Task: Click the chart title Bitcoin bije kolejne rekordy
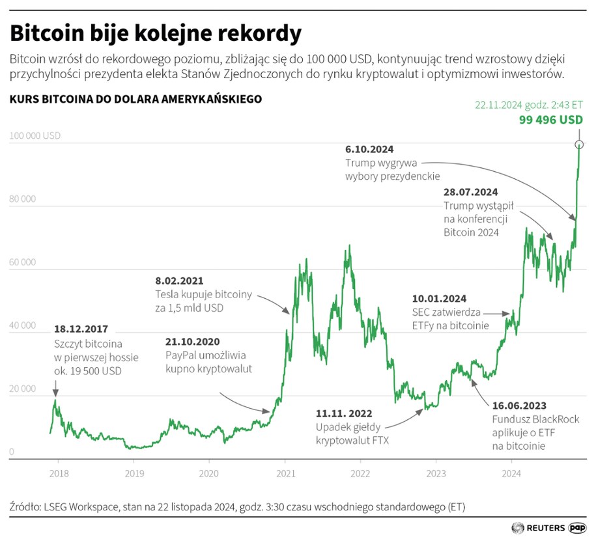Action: [156, 33]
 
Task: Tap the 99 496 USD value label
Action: [550, 120]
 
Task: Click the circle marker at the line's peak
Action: [579, 144]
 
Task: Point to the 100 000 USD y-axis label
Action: [35, 136]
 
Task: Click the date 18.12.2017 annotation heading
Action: [81, 329]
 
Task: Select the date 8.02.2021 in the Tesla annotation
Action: [179, 281]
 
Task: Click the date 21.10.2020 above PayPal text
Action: [192, 342]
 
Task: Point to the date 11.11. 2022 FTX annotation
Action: [345, 413]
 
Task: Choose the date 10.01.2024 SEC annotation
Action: [439, 299]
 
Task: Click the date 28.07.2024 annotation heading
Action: [471, 193]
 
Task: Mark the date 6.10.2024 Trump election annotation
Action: [369, 149]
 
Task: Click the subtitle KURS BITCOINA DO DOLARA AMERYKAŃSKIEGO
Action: [135, 100]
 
